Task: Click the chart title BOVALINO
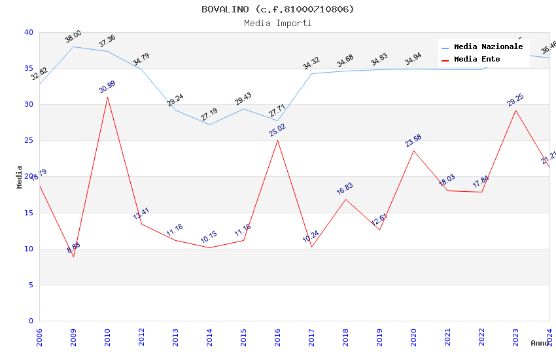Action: [x=277, y=9]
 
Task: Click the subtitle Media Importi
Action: [x=277, y=23]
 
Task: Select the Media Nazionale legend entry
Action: [x=488, y=47]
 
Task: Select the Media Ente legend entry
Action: [x=477, y=59]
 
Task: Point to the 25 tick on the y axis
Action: [x=29, y=141]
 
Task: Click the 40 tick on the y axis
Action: [x=29, y=33]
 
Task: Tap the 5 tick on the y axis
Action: [x=31, y=285]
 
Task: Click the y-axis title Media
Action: [x=20, y=177]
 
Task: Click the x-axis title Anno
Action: [x=540, y=343]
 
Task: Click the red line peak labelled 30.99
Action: [x=107, y=97]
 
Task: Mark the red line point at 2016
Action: [x=277, y=140]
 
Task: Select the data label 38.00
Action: [x=73, y=37]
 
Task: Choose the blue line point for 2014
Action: [x=209, y=124]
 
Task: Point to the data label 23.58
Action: [x=413, y=141]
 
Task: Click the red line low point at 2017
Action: [x=311, y=247]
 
